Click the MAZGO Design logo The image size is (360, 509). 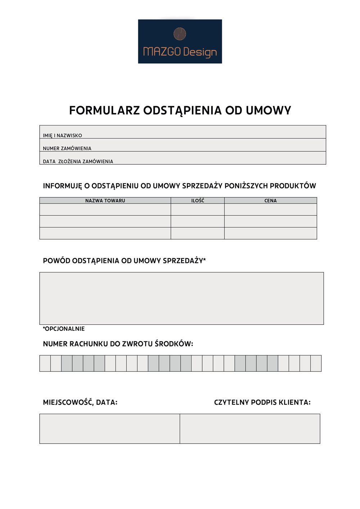pos(180,41)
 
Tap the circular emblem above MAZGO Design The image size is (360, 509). pos(180,34)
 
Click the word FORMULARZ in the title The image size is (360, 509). pos(104,110)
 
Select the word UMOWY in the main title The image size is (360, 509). pos(268,110)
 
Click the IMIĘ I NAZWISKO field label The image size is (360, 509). pos(62,136)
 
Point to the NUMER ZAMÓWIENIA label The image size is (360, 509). pos(67,149)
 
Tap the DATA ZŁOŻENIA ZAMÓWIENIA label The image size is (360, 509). pos(78,162)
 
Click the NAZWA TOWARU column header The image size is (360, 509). pos(105,201)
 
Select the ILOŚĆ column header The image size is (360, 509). pos(198,201)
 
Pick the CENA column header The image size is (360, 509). pos(270,201)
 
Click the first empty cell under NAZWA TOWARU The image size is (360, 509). pos(105,210)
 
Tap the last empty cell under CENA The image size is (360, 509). pos(270,233)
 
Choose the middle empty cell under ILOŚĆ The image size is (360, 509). pos(198,221)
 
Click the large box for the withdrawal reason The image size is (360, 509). pos(181,298)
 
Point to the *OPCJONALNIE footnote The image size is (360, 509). pos(64,329)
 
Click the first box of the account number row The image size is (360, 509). pos(45,363)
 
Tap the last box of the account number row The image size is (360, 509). pos(316,363)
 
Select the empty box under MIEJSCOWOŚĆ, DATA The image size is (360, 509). pos(109,428)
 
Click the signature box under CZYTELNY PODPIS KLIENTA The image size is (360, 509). pos(250,428)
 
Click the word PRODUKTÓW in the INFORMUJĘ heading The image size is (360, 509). pos(293,186)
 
